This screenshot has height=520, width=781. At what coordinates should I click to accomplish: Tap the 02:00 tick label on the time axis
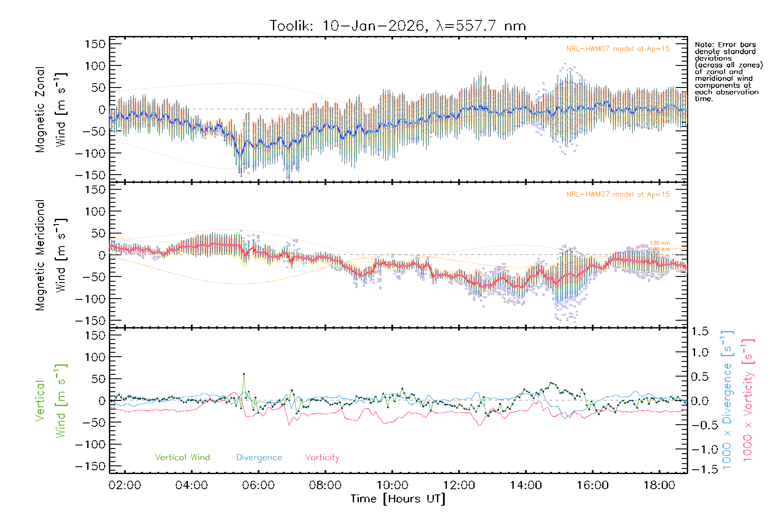pyautogui.click(x=125, y=485)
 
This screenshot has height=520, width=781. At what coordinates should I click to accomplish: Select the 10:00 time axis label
pyautogui.click(x=392, y=485)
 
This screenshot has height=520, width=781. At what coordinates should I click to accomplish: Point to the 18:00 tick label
pyautogui.click(x=659, y=485)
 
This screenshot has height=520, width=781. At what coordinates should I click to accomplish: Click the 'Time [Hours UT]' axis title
pyautogui.click(x=398, y=499)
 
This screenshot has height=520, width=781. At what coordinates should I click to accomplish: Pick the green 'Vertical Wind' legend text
pyautogui.click(x=182, y=457)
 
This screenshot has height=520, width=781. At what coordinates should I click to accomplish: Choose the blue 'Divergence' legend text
pyautogui.click(x=259, y=457)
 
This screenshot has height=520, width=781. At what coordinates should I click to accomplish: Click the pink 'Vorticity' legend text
pyautogui.click(x=322, y=457)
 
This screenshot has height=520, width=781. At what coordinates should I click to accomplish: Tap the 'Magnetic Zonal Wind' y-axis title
pyautogui.click(x=51, y=109)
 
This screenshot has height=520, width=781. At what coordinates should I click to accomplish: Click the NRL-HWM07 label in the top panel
pyautogui.click(x=618, y=49)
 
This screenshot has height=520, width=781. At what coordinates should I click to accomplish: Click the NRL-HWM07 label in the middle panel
pyautogui.click(x=618, y=194)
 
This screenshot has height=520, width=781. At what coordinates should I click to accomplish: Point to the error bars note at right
pyautogui.click(x=728, y=71)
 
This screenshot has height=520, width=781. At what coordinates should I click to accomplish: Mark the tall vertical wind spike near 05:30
pyautogui.click(x=244, y=374)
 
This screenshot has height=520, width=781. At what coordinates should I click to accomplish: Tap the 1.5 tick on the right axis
pyautogui.click(x=699, y=331)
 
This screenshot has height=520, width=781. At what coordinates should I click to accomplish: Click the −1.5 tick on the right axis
pyautogui.click(x=699, y=469)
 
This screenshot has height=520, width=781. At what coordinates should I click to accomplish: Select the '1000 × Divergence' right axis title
pyautogui.click(x=727, y=400)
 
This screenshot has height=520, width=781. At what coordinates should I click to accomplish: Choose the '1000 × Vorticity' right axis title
pyautogui.click(x=748, y=400)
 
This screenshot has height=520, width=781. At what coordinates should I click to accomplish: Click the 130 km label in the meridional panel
pyautogui.click(x=660, y=243)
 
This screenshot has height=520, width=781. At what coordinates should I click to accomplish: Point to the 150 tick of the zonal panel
pyautogui.click(x=95, y=44)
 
